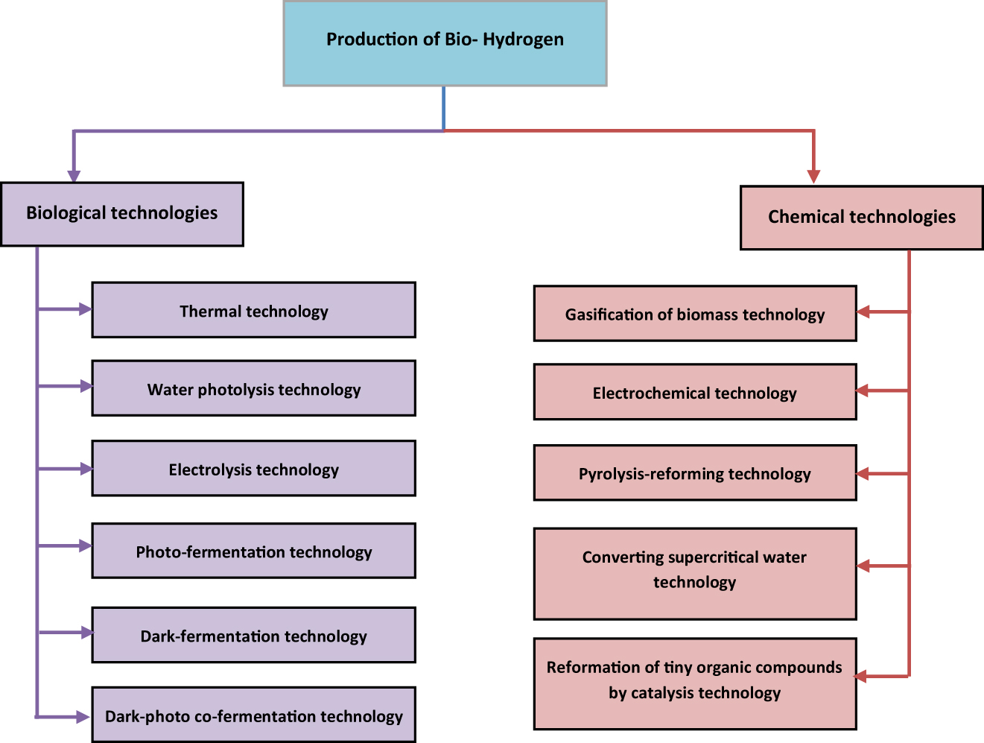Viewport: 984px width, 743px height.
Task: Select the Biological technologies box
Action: pyautogui.click(x=122, y=214)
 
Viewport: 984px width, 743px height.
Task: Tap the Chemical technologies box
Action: pyautogui.click(x=861, y=218)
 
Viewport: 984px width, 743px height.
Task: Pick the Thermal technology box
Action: pyautogui.click(x=253, y=310)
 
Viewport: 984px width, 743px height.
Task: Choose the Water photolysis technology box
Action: pyautogui.click(x=253, y=388)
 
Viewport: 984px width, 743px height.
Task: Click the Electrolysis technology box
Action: pyautogui.click(x=253, y=468)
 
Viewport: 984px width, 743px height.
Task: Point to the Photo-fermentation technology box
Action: pyautogui.click(x=253, y=551)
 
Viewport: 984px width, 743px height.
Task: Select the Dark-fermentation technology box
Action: pyautogui.click(x=253, y=635)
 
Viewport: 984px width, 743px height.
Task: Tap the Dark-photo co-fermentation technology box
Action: pyautogui.click(x=253, y=715)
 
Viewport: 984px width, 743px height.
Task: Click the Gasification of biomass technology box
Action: pyautogui.click(x=694, y=314)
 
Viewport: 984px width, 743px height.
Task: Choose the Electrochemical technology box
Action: pyautogui.click(x=694, y=392)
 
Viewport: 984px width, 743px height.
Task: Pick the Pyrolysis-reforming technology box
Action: pyautogui.click(x=694, y=473)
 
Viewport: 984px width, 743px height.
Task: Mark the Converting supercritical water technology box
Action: pyautogui.click(x=694, y=574)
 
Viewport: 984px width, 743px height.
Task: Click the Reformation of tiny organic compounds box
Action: pyautogui.click(x=694, y=683)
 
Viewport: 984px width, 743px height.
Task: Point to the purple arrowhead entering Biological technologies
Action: pyautogui.click(x=74, y=175)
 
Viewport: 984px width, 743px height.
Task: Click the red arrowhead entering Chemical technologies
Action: pyautogui.click(x=813, y=177)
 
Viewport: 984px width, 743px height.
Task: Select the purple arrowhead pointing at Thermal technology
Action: pyautogui.click(x=85, y=309)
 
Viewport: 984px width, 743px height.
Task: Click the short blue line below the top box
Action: pyautogui.click(x=444, y=108)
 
